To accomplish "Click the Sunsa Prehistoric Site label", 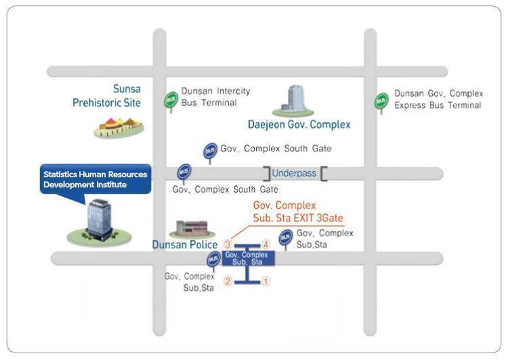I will click(x=107, y=96).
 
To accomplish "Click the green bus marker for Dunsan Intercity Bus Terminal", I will click(x=171, y=100).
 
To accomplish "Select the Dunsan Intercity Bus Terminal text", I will click(x=215, y=97).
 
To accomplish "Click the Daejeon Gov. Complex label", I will click(x=298, y=125).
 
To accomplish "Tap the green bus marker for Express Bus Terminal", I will click(x=381, y=101).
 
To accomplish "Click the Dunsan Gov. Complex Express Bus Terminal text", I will click(x=438, y=99).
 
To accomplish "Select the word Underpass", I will click(x=294, y=174).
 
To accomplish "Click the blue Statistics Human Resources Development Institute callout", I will click(x=95, y=179).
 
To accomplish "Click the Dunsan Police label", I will click(x=185, y=245).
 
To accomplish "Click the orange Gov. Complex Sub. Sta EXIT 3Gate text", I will click(x=298, y=211).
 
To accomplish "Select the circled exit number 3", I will click(x=228, y=244).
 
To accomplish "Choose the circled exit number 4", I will click(x=266, y=244).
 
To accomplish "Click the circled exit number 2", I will click(x=228, y=282).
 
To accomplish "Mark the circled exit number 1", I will click(x=266, y=282).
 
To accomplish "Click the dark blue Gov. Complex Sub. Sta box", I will click(x=247, y=258).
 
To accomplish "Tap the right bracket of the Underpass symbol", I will click(x=324, y=174).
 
